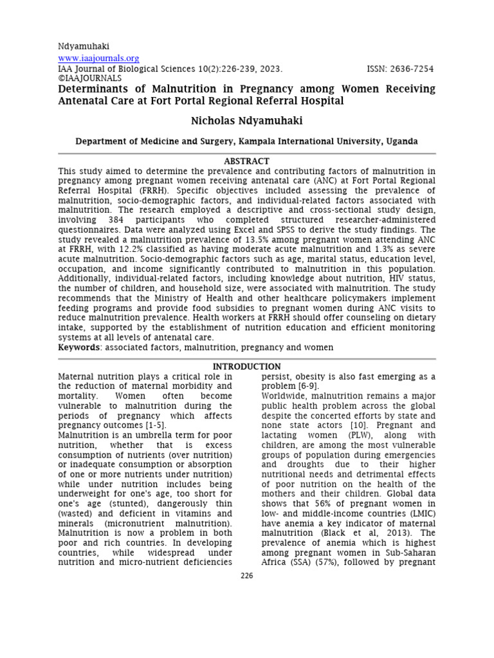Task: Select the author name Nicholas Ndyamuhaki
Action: click(246, 121)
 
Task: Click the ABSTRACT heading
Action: click(246, 161)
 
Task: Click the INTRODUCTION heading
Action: click(246, 366)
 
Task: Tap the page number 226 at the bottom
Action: click(247, 576)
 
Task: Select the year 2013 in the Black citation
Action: click(393, 533)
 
